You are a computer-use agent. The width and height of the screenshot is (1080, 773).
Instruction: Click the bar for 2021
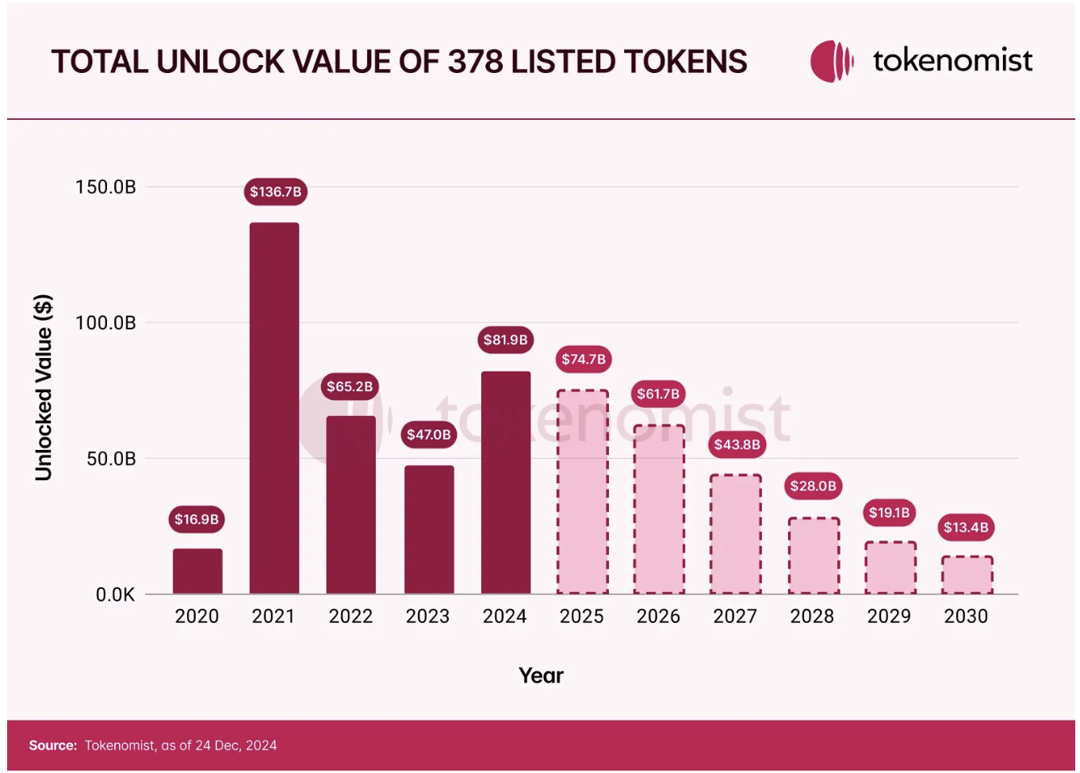coord(274,408)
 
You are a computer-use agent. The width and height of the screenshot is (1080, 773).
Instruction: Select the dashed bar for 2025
coord(582,492)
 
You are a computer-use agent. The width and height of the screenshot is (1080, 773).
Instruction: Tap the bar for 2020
coord(197,571)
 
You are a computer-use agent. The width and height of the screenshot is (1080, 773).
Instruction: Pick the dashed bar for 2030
coord(967,575)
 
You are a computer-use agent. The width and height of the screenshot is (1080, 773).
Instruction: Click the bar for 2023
coord(429,529)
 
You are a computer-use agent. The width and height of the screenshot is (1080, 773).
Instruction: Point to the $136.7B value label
coord(275,192)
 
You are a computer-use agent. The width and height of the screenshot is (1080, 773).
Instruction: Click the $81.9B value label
coord(505,340)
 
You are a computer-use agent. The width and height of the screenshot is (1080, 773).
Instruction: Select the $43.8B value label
coord(737,444)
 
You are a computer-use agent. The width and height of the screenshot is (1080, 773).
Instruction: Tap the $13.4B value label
coord(966,528)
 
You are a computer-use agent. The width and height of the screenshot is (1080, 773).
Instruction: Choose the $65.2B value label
coord(350,386)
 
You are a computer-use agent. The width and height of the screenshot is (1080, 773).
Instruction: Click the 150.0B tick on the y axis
coord(105,187)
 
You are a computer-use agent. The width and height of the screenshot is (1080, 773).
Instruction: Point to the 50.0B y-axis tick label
coord(110,459)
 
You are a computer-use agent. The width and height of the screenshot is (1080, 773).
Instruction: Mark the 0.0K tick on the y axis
coord(115,594)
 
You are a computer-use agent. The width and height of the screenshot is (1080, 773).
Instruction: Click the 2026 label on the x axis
coord(658,617)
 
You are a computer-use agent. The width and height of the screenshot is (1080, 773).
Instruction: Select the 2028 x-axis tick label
coord(812,617)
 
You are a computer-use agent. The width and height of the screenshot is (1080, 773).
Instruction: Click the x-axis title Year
coord(541,675)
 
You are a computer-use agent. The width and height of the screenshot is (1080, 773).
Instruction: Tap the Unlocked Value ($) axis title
coord(44,387)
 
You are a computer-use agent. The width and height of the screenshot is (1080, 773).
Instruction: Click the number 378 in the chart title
coord(475,62)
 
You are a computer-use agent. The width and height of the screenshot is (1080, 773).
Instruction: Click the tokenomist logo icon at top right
coord(831,61)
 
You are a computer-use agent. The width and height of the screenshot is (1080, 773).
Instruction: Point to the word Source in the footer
coord(52,745)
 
